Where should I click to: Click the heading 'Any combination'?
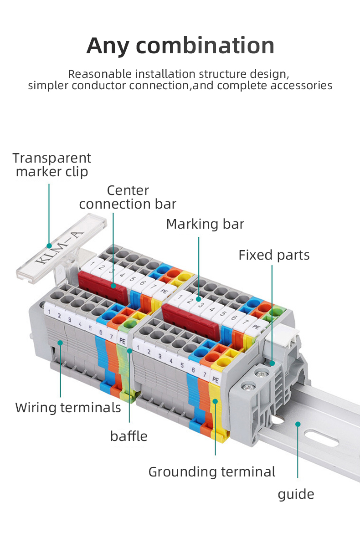click(180, 46)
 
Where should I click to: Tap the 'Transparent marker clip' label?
click(51, 165)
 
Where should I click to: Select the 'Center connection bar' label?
click(128, 197)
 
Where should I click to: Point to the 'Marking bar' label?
click(205, 224)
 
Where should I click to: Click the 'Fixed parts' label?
click(274, 255)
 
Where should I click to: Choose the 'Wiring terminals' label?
click(68, 407)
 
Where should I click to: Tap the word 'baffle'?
click(129, 436)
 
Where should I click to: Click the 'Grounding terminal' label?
click(212, 471)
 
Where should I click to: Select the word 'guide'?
click(296, 494)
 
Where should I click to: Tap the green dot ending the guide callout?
click(298, 424)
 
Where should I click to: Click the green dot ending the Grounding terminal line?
click(215, 401)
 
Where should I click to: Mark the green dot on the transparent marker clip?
click(49, 246)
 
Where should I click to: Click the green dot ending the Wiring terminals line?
click(60, 342)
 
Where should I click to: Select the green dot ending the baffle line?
click(129, 350)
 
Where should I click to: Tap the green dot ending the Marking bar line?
click(199, 299)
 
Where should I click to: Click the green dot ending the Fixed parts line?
click(272, 363)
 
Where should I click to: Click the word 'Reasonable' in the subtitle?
click(93, 74)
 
